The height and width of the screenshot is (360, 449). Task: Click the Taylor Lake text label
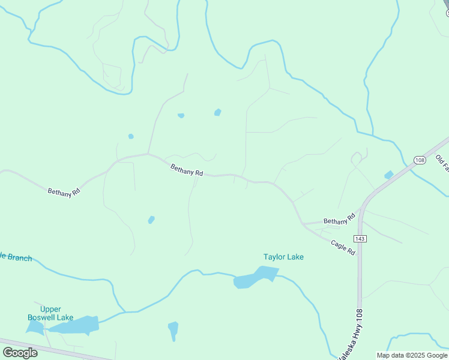click(283, 257)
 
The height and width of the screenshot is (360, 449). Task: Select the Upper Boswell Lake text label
click(50, 313)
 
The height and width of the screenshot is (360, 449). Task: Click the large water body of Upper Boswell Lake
click(75, 325)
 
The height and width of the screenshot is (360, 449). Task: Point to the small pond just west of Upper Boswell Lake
click(34, 326)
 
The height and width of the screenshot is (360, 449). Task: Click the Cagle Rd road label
click(343, 247)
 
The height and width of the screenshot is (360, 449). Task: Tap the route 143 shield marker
click(360, 239)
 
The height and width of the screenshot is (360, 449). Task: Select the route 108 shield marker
click(419, 160)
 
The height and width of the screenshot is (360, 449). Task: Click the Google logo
click(20, 352)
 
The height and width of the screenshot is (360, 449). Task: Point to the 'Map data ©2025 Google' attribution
click(412, 355)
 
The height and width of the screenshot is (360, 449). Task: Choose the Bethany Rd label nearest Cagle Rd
click(336, 221)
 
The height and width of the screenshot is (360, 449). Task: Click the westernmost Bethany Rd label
click(64, 191)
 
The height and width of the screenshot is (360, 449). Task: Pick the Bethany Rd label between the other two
click(187, 170)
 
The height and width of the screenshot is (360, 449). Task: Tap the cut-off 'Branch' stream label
click(16, 257)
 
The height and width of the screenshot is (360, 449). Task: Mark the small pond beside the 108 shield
click(389, 175)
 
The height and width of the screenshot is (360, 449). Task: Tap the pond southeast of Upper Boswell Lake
click(173, 330)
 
